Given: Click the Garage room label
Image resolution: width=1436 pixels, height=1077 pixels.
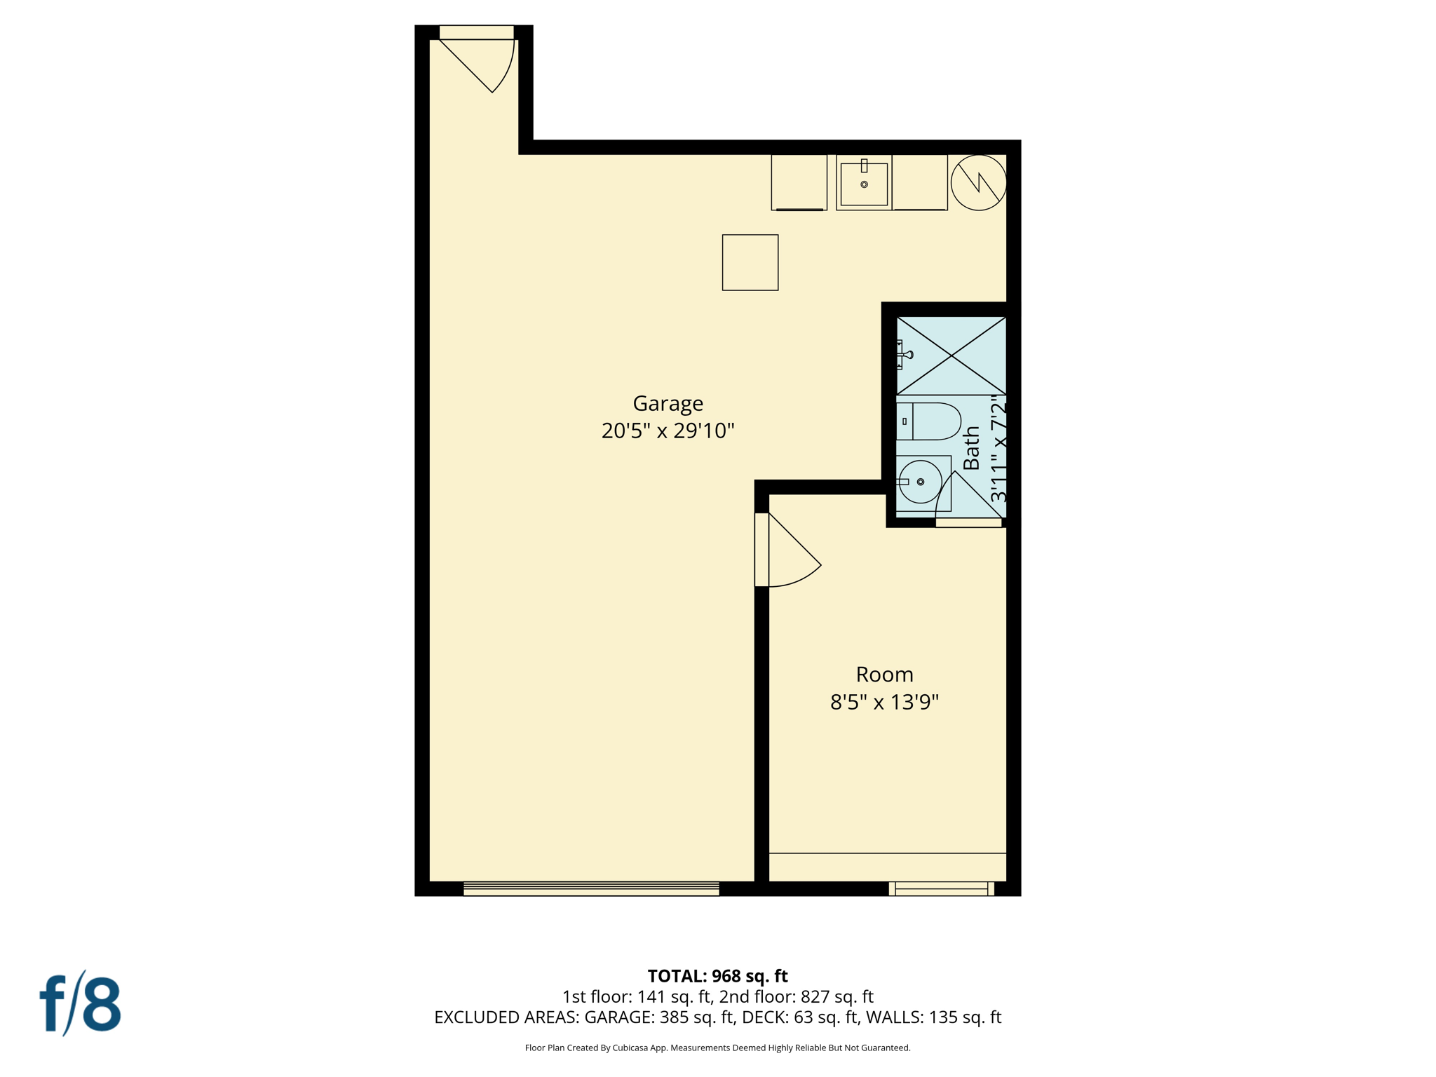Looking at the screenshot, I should pos(668,403).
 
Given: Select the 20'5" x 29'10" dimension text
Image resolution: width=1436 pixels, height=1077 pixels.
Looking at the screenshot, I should pos(668,431).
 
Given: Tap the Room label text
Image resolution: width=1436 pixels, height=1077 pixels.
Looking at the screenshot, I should pos(884,675).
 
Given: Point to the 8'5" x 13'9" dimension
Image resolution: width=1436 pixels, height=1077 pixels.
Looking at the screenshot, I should pos(884,702).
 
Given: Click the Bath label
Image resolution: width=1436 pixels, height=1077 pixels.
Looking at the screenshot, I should pos(971,449).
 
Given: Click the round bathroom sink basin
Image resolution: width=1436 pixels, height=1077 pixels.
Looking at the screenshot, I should pos(920,482).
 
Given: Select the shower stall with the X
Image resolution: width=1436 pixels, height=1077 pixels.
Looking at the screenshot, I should pos(951,355).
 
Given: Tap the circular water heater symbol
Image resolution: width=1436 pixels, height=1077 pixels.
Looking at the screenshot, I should pos(978,182).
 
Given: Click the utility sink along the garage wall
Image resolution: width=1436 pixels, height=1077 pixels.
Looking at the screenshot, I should pos(864,183).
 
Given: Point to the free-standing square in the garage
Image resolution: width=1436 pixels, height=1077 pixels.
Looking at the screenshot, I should pos(750,262).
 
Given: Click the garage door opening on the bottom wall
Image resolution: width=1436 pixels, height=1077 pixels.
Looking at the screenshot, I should pos(591,888).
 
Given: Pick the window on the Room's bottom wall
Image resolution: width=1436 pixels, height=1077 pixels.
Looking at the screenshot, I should pos(942,888).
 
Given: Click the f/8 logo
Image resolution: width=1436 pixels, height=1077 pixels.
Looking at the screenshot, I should pos(81,1003).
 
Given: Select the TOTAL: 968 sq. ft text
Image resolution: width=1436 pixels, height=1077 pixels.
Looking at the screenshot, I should pos(717,976).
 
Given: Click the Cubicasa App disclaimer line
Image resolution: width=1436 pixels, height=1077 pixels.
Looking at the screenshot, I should pos(717,1048).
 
